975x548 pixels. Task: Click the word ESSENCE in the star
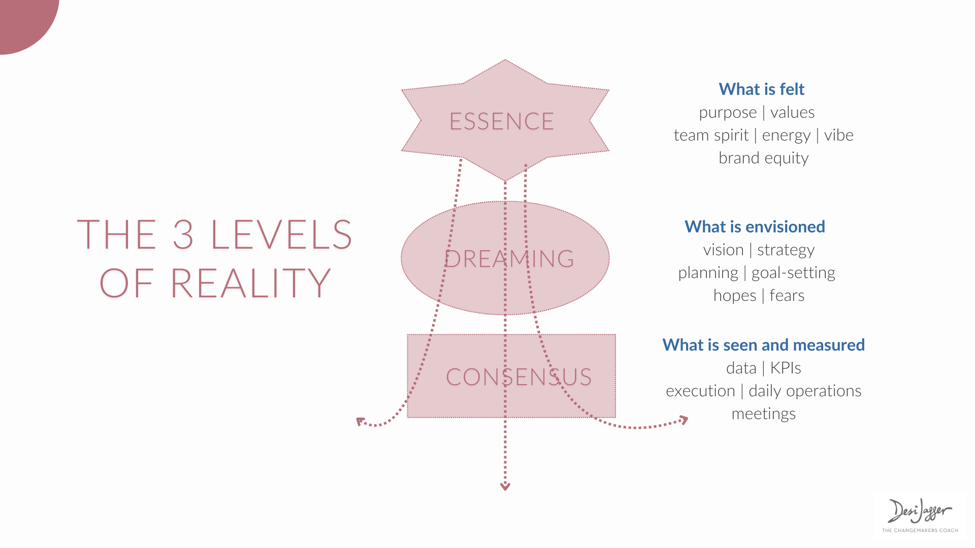502,121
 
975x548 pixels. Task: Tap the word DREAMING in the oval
509,259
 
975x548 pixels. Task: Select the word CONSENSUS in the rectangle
519,377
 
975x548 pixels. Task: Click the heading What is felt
762,89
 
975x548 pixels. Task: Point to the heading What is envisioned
755,227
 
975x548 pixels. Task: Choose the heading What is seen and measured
763,345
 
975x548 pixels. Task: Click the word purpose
728,113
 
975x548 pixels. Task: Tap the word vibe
839,135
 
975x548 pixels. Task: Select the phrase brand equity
764,158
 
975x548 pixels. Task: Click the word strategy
786,250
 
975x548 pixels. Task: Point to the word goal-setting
793,273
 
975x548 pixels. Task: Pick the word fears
787,295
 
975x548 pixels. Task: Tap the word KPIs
786,368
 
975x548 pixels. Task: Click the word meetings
764,414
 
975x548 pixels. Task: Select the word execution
700,391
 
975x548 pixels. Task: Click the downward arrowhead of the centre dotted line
505,487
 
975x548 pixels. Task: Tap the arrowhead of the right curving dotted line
684,420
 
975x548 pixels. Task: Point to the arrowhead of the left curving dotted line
361,422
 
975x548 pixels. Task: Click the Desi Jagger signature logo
920,515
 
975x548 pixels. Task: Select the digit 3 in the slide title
183,234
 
